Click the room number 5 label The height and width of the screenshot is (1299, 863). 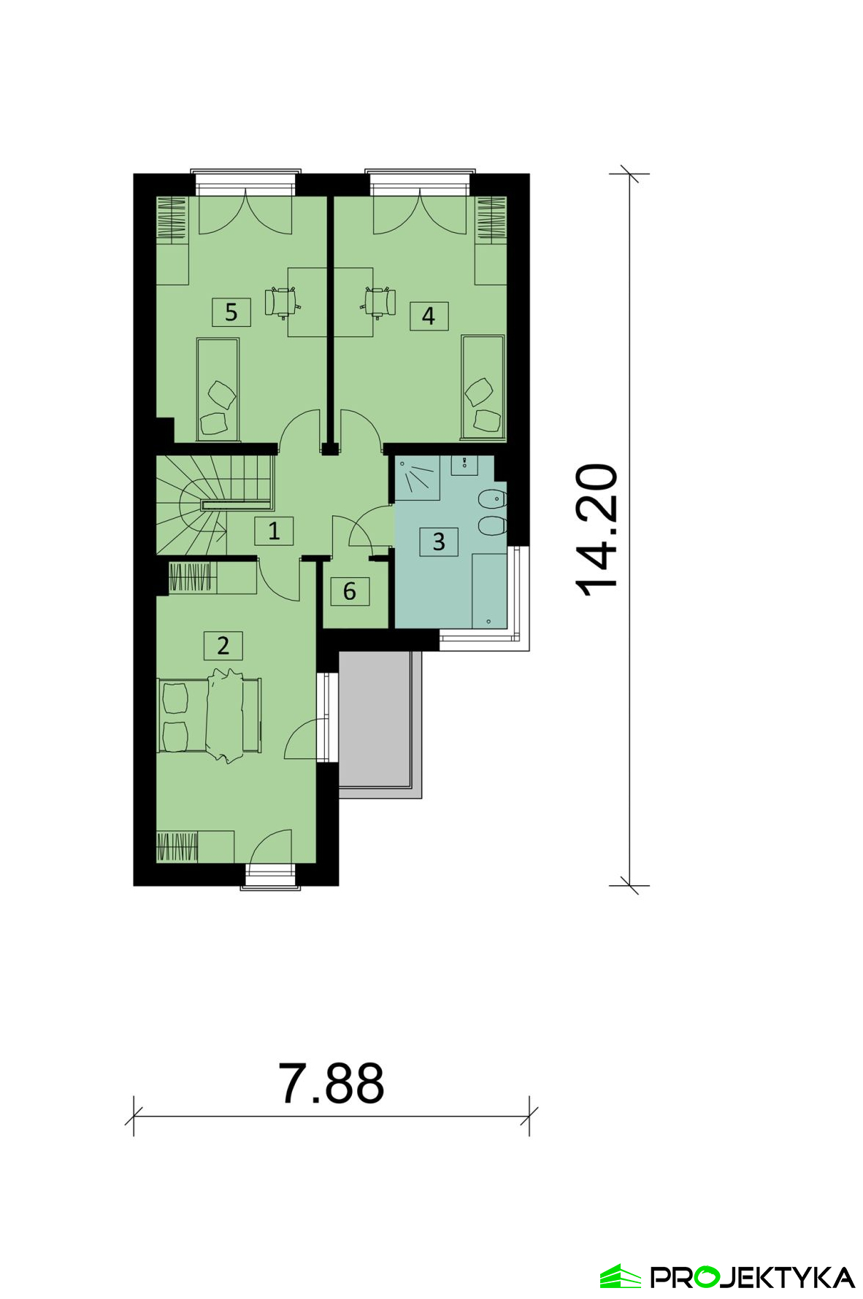pos(231,312)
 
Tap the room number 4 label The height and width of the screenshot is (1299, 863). pos(429,316)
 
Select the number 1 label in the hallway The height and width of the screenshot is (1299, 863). pos(274,531)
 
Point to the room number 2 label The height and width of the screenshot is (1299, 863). pos(223,645)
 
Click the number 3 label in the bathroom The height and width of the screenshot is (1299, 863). pos(439,541)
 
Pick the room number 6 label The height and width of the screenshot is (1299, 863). pos(350,591)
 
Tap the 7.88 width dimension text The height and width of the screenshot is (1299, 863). pos(331,1084)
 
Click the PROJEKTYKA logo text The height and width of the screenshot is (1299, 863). pos(753,1277)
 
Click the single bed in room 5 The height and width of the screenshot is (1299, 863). pos(218,389)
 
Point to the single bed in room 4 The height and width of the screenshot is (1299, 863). pos(483,388)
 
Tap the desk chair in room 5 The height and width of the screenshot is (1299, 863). pos(280,301)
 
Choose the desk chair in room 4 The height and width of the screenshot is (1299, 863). pos(378,301)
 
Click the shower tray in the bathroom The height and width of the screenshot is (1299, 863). pos(417,478)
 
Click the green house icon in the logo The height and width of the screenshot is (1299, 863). pos(621,1276)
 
